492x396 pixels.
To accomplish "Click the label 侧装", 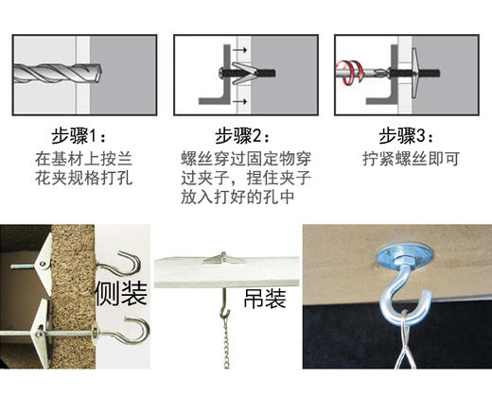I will pyautogui.click(x=121, y=296).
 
